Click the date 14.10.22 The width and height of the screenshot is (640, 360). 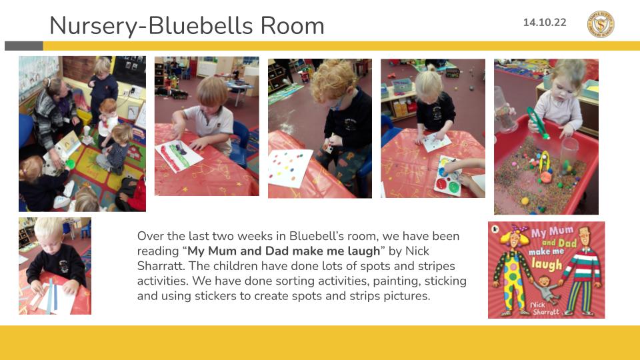click(545, 23)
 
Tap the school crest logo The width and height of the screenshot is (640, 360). click(601, 24)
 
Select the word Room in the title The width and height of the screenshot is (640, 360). click(292, 26)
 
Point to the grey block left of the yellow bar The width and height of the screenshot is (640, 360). click(24, 46)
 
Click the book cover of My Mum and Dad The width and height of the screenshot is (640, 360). click(546, 270)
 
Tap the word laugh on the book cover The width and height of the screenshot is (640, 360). click(547, 265)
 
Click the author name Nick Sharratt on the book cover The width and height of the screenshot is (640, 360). click(544, 309)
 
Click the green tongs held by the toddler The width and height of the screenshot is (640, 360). click(537, 123)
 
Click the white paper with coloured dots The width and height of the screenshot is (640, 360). click(290, 168)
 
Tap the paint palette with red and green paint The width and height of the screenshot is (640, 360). click(448, 175)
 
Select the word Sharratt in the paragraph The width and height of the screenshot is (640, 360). click(160, 266)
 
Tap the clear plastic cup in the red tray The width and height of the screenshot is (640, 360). click(569, 151)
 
